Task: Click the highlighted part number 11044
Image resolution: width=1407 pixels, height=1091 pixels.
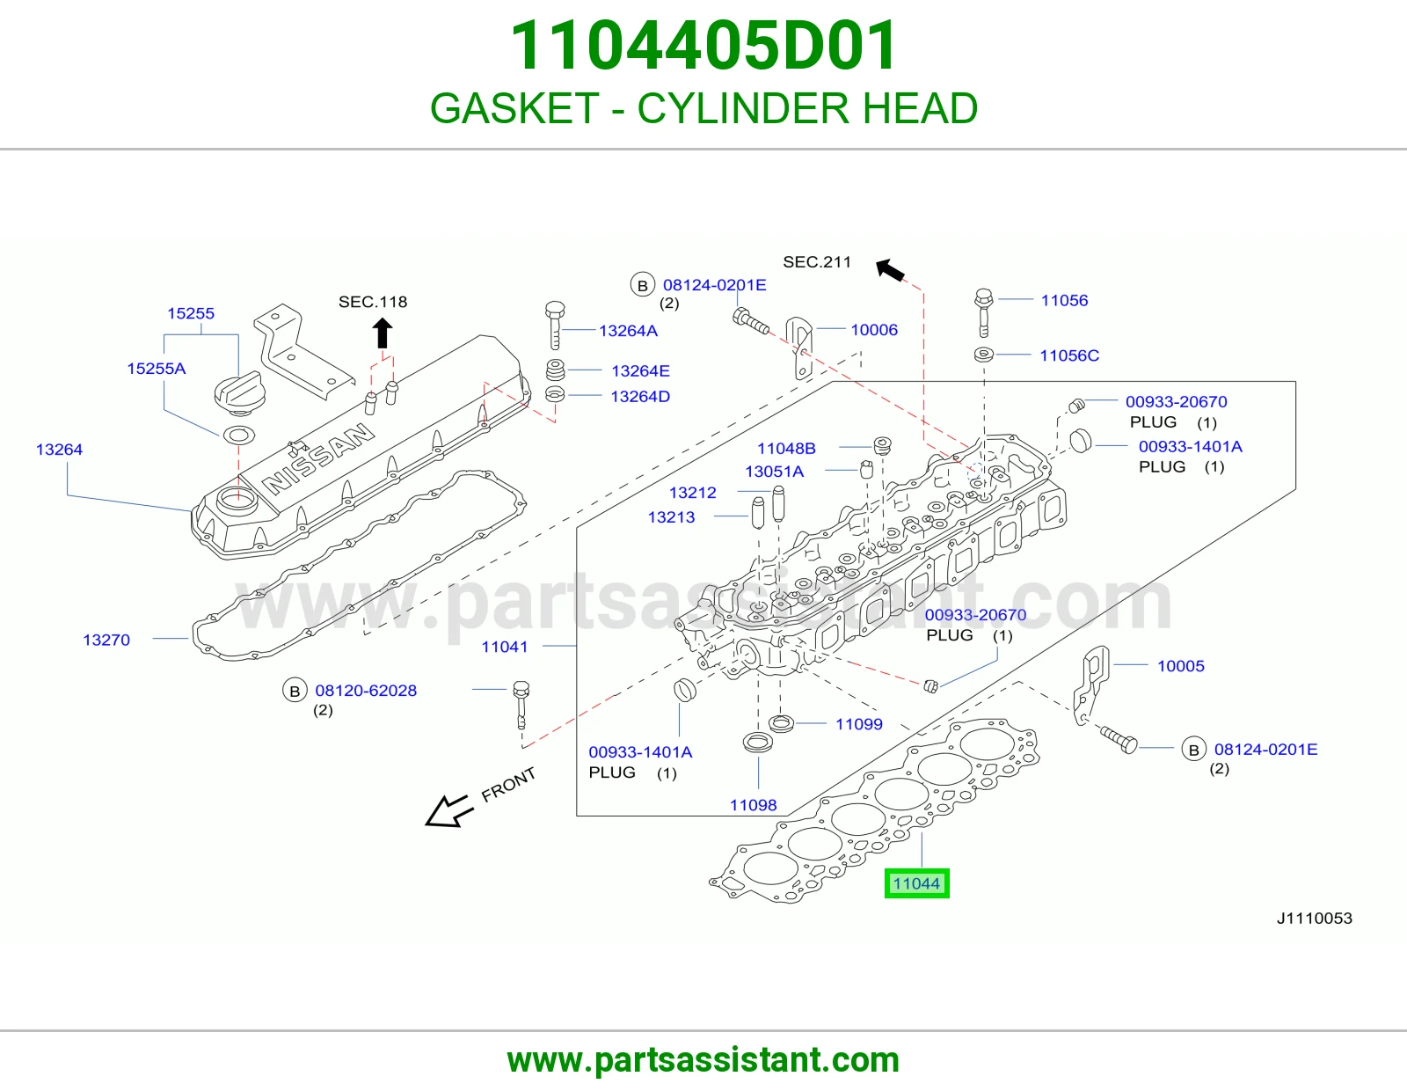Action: tap(916, 883)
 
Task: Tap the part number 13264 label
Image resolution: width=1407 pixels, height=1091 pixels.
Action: tap(59, 450)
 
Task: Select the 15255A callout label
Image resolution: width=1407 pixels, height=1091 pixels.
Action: tap(156, 369)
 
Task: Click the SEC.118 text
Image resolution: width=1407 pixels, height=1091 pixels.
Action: tap(373, 302)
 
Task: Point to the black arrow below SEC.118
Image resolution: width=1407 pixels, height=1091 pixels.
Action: tap(383, 333)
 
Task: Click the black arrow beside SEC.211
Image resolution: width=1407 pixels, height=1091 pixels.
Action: tap(890, 269)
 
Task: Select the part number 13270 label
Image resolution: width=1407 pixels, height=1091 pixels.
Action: tap(106, 641)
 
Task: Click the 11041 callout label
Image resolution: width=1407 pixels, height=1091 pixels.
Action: tap(505, 647)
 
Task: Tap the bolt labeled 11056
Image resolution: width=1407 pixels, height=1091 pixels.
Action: tap(983, 313)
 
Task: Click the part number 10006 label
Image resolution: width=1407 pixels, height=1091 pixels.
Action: tap(874, 330)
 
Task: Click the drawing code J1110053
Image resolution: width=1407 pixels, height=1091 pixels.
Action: tap(1315, 918)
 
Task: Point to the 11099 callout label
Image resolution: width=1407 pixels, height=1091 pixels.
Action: tap(858, 724)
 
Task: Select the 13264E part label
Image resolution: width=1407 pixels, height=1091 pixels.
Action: tap(640, 371)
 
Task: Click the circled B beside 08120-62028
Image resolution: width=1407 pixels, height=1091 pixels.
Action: tap(295, 692)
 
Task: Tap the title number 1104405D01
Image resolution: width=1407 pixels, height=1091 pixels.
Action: tap(703, 46)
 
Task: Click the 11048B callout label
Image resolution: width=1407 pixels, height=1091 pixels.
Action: tap(787, 449)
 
